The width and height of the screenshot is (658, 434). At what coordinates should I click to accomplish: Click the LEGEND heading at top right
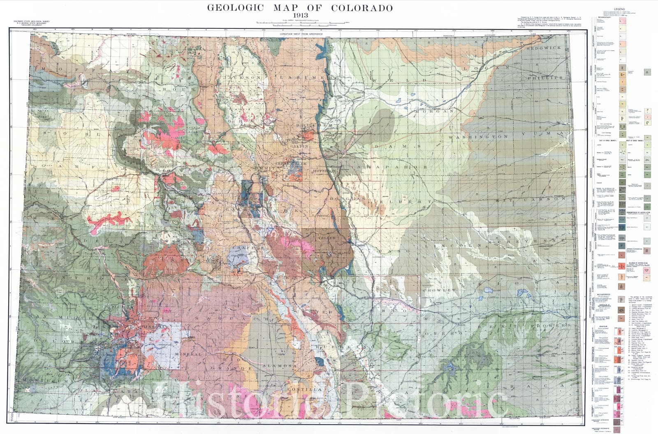coord(619,9)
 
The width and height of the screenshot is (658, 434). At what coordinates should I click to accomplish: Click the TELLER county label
coord(327,238)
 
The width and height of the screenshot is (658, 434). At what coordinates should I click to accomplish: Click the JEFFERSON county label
coord(324,170)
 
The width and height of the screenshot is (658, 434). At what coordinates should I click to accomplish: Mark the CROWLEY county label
coord(444,290)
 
